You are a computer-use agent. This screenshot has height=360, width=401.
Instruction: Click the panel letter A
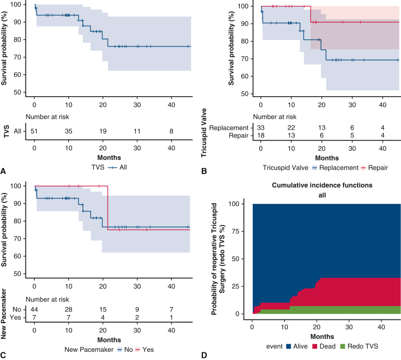point(4,171)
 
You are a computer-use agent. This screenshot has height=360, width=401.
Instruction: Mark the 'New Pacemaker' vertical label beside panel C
point(4,316)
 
